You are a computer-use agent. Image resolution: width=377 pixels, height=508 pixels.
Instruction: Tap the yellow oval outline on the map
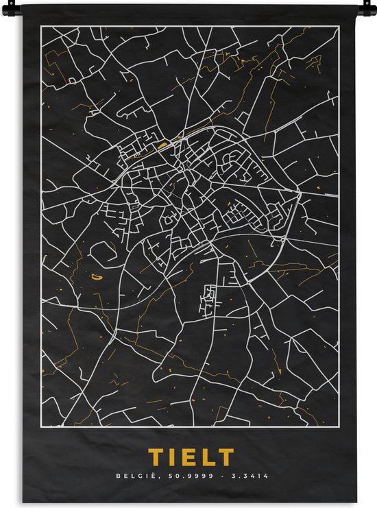pyautogui.click(x=95, y=277)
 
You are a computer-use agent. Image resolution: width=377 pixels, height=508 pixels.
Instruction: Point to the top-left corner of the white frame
pyautogui.click(x=40, y=26)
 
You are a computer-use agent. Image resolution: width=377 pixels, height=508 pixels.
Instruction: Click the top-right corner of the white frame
pyautogui.click(x=339, y=26)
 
